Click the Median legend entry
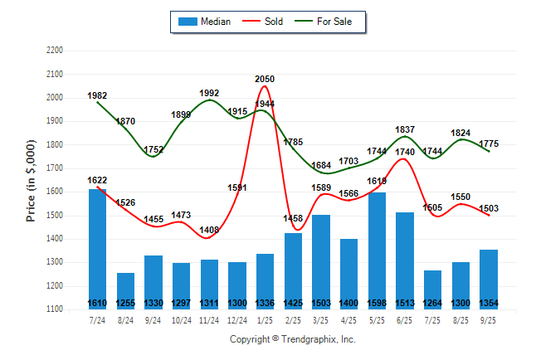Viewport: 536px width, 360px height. pyautogui.click(x=203, y=22)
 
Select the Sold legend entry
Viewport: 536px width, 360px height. pyautogui.click(x=264, y=22)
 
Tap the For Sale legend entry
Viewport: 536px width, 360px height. pyautogui.click(x=325, y=22)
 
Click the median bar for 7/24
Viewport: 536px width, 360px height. pyautogui.click(x=98, y=249)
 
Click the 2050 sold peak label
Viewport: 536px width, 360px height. pyautogui.click(x=265, y=79)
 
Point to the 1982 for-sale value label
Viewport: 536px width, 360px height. pyautogui.click(x=98, y=95)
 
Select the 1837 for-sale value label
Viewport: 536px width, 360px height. pyautogui.click(x=405, y=129)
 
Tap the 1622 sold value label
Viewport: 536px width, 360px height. pyautogui.click(x=98, y=180)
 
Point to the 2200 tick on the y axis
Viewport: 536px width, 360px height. pyautogui.click(x=54, y=51)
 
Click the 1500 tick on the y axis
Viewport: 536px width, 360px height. pyautogui.click(x=54, y=216)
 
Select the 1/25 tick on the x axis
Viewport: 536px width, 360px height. pyautogui.click(x=266, y=319)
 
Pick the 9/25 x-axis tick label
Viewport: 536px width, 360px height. pyautogui.click(x=489, y=319)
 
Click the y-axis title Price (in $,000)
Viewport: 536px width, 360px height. pyautogui.click(x=31, y=179)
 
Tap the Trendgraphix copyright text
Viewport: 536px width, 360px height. pyautogui.click(x=292, y=339)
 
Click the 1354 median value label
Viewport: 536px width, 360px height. pyautogui.click(x=489, y=303)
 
